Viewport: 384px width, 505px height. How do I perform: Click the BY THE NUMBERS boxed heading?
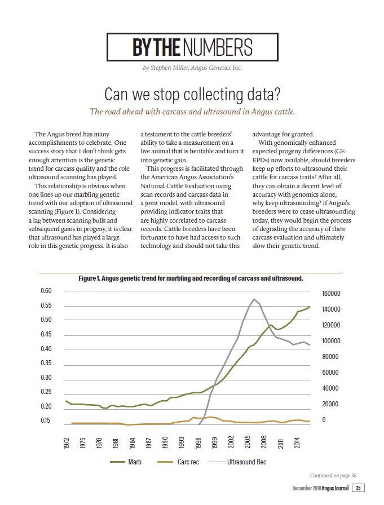(x=192, y=47)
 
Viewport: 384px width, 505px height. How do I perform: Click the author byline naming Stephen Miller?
(x=192, y=68)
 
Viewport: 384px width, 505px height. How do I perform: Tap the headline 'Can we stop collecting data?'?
(x=192, y=94)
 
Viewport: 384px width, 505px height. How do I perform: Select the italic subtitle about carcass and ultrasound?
(x=192, y=112)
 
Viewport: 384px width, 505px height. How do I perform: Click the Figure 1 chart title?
(x=191, y=278)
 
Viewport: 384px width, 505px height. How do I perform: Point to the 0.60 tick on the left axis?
(x=46, y=290)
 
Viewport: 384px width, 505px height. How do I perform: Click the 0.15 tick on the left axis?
(x=46, y=420)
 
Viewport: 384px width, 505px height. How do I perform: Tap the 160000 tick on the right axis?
(x=331, y=294)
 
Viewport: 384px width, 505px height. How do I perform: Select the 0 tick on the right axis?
(x=324, y=420)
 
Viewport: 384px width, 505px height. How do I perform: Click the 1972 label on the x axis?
(x=66, y=443)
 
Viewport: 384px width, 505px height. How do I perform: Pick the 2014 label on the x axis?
(x=297, y=443)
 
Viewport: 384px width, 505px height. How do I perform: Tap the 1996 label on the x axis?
(x=198, y=443)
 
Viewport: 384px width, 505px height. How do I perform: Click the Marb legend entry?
(x=126, y=462)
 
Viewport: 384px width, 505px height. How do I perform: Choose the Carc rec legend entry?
(x=178, y=462)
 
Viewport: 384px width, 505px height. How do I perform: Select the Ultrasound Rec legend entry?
(x=238, y=462)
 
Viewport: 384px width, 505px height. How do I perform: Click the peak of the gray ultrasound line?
(x=254, y=299)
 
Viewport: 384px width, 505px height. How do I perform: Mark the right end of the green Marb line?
(x=310, y=307)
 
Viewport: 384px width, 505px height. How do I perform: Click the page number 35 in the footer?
(x=358, y=488)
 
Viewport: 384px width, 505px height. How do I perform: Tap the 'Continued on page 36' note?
(x=333, y=475)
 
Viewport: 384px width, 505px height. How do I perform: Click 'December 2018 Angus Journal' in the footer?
(x=320, y=488)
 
